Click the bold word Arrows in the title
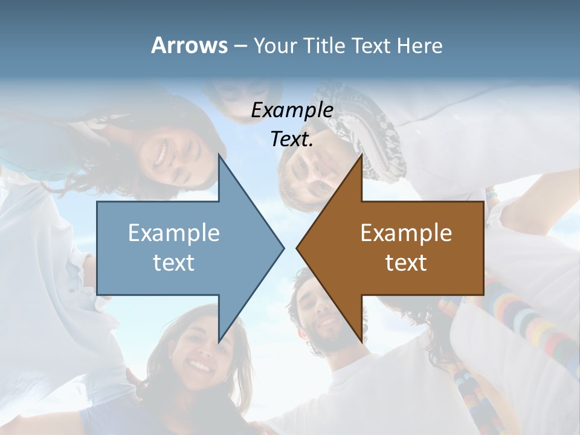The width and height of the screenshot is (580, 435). [189, 45]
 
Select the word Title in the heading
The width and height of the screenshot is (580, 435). [322, 46]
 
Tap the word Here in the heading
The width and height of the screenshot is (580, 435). [419, 46]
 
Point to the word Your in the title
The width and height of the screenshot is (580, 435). [274, 46]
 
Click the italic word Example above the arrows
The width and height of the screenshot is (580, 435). [292, 110]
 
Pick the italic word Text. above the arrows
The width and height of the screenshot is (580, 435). [292, 139]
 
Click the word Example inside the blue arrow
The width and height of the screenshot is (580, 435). [173, 233]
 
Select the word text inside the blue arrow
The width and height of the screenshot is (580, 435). [173, 262]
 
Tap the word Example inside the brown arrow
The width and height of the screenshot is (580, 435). [406, 233]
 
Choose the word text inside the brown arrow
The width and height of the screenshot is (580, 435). [406, 262]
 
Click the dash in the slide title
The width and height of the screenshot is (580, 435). [240, 46]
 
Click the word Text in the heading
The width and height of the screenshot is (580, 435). [372, 46]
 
